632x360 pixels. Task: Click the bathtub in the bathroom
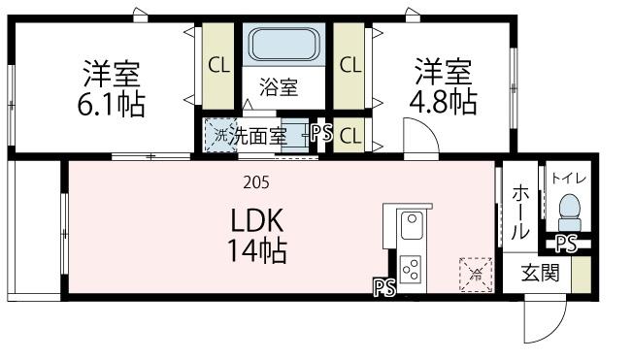point(279,44)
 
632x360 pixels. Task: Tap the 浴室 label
point(279,86)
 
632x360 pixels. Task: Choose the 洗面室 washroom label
point(258,136)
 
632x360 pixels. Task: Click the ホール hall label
point(519,213)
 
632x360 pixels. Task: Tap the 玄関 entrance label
point(536,273)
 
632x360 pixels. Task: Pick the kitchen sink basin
point(411,230)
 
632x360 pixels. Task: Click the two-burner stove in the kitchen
point(411,267)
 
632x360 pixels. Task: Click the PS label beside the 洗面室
point(322,135)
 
